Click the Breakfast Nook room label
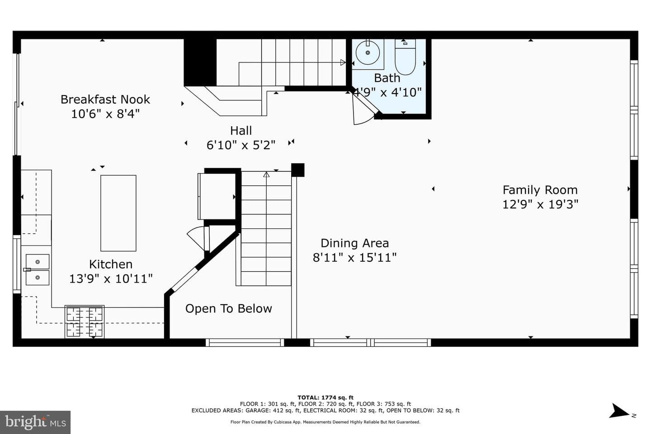pyautogui.click(x=105, y=99)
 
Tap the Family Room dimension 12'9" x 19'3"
pyautogui.click(x=540, y=204)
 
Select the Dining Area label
pyautogui.click(x=354, y=243)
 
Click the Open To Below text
pyautogui.click(x=229, y=308)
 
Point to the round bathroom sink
pyautogui.click(x=368, y=52)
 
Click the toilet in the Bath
pyautogui.click(x=405, y=57)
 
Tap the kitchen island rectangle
pyautogui.click(x=118, y=213)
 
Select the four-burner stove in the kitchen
pyautogui.click(x=85, y=322)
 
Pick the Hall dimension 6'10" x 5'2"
pyautogui.click(x=241, y=145)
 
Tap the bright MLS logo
pyautogui.click(x=35, y=422)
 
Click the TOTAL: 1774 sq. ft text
pyautogui.click(x=325, y=397)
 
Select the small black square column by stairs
pyautogui.click(x=298, y=170)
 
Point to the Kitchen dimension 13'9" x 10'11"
pyautogui.click(x=111, y=278)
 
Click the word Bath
pyautogui.click(x=387, y=78)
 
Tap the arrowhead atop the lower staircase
pyautogui.click(x=266, y=175)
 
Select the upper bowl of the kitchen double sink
pyautogui.click(x=38, y=262)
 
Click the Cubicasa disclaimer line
pyautogui.click(x=325, y=422)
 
